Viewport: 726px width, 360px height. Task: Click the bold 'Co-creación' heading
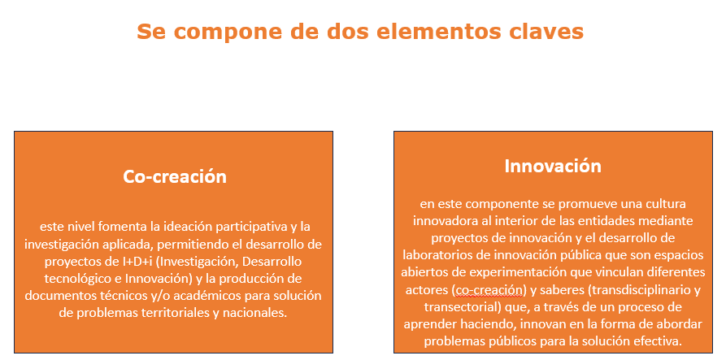point(175,176)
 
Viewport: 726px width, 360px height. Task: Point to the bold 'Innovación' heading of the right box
point(553,166)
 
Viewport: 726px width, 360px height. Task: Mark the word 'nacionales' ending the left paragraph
point(255,312)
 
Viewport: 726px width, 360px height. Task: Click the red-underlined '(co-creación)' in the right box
point(489,290)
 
